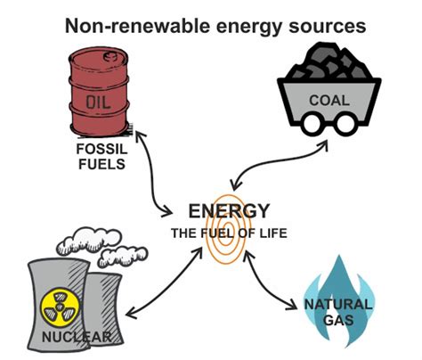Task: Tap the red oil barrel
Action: (x=97, y=85)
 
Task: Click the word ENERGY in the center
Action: (x=229, y=211)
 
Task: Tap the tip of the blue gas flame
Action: (x=340, y=258)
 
